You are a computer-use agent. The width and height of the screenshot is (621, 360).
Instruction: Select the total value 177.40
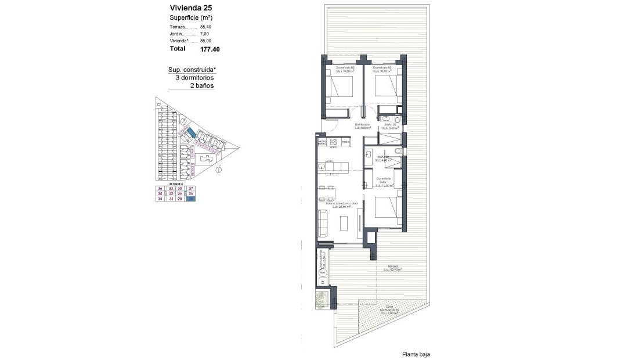point(210,50)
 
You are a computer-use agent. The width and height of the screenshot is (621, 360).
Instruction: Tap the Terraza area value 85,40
point(205,27)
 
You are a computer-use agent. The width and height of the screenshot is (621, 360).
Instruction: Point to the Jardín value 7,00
point(205,34)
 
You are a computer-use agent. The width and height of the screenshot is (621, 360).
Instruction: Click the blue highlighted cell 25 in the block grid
point(191,199)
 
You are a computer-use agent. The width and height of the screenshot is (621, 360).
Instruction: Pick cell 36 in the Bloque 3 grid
point(160,189)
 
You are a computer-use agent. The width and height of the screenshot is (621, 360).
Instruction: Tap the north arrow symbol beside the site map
point(219,170)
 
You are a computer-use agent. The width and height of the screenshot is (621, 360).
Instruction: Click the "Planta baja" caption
point(416,354)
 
